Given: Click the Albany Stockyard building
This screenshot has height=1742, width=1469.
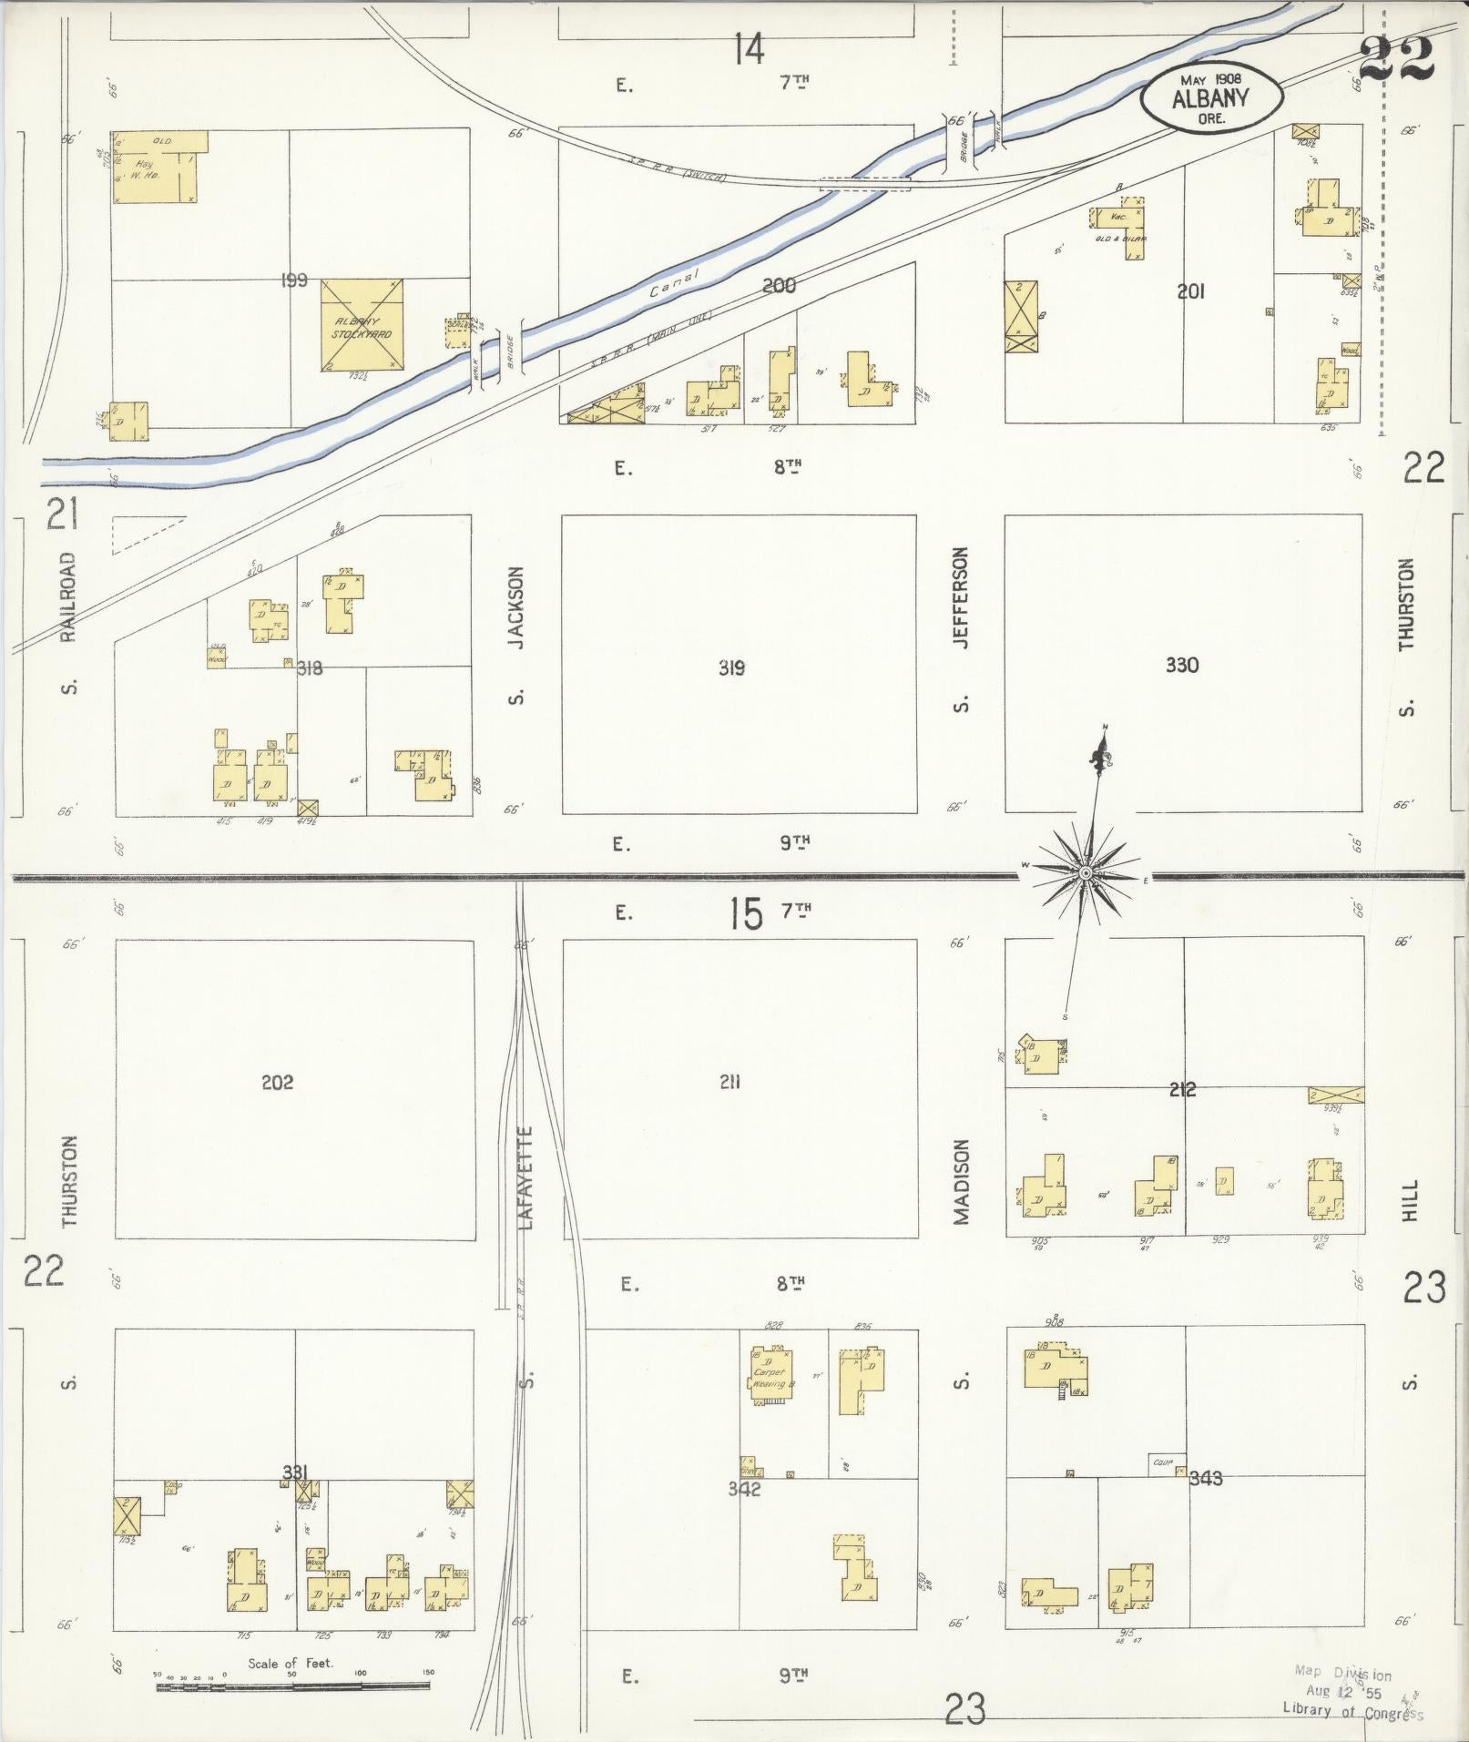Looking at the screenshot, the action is [x=362, y=326].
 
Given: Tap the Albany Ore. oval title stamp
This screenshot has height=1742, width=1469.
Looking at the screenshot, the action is [x=1211, y=97].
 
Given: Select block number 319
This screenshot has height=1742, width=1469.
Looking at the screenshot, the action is [x=731, y=668].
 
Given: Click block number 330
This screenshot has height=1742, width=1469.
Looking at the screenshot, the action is [x=1181, y=666].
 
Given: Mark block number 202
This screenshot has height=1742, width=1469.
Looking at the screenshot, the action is [x=277, y=1082].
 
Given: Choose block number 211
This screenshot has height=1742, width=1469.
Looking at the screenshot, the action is [x=729, y=1082].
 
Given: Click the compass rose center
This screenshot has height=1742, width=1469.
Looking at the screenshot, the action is [x=1086, y=874].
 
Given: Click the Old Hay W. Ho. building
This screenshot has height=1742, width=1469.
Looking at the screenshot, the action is [x=150, y=167].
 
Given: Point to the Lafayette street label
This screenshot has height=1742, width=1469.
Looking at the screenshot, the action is [x=525, y=1179].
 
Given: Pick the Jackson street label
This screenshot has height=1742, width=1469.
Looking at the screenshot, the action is [x=517, y=607].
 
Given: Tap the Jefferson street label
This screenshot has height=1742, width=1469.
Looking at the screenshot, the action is [x=961, y=597].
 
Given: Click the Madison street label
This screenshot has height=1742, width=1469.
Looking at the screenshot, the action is [x=962, y=1182].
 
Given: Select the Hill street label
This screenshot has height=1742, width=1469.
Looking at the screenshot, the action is [x=1409, y=1201].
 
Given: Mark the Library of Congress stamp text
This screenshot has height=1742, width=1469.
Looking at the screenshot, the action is [x=1352, y=1711].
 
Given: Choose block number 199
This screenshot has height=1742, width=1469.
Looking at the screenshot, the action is [x=295, y=280].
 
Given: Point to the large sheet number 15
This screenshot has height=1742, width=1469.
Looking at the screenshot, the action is [x=745, y=913].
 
